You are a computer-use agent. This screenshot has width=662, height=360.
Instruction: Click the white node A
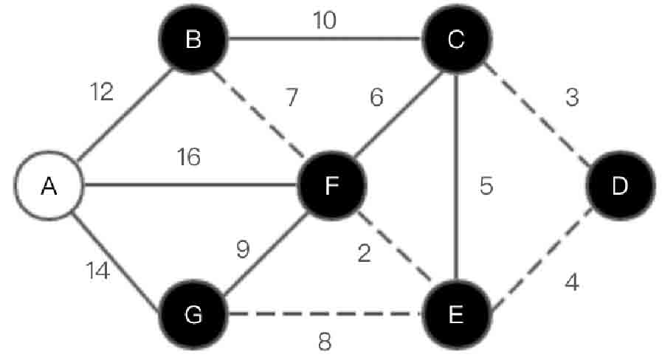click(x=49, y=187)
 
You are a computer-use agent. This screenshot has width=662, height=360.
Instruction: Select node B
click(x=193, y=40)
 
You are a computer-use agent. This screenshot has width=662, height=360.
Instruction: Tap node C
click(x=455, y=40)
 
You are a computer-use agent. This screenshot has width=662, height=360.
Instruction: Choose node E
click(x=455, y=315)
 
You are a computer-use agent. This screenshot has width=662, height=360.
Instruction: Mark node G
click(x=193, y=315)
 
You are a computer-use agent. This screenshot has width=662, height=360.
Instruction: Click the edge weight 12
click(x=102, y=92)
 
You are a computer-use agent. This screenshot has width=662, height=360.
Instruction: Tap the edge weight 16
click(x=190, y=157)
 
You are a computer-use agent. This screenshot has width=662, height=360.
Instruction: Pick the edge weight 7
click(x=292, y=97)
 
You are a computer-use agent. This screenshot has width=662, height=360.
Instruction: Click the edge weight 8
click(x=325, y=342)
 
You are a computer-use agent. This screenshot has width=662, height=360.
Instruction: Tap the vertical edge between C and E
click(x=455, y=221)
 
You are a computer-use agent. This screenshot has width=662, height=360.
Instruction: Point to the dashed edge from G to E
click(x=325, y=315)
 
